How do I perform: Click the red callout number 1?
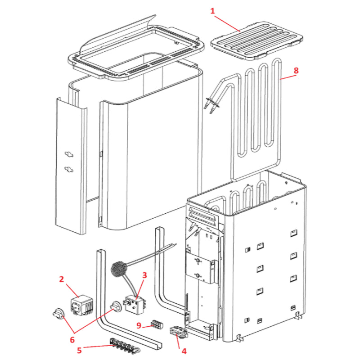click(213, 10)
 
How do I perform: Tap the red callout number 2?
click(62, 279)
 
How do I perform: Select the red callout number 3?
click(144, 275)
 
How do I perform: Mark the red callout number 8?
click(296, 71)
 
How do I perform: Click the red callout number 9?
click(139, 325)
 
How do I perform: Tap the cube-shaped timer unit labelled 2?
click(81, 305)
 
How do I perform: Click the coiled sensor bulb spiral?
click(119, 269)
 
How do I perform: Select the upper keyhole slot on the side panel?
click(69, 154)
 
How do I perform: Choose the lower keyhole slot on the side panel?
click(69, 169)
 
